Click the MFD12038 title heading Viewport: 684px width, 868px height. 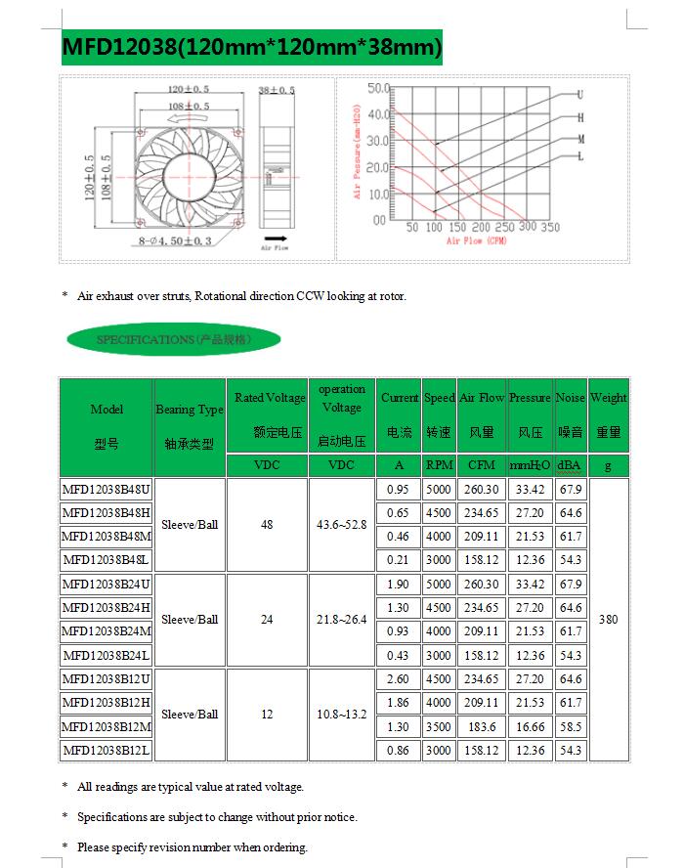(252, 46)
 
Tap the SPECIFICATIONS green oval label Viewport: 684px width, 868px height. (174, 340)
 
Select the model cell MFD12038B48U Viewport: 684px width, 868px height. (107, 489)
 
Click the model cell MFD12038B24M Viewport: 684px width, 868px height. (107, 631)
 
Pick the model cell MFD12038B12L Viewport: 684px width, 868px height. (107, 751)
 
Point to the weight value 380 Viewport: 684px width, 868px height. (608, 620)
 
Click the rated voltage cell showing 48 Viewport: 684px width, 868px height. (267, 525)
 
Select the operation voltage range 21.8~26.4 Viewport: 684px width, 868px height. (342, 620)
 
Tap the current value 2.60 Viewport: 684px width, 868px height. (398, 679)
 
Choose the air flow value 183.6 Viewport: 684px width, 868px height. (482, 726)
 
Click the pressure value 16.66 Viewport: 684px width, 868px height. (530, 726)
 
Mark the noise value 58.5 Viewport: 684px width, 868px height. (571, 726)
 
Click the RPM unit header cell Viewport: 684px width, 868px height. (439, 465)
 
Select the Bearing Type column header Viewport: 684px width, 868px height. (190, 410)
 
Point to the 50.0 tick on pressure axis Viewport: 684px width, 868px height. (378, 89)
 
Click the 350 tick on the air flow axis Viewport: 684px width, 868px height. (550, 228)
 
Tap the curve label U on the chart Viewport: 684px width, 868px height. (580, 95)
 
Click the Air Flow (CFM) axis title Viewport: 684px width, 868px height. (476, 240)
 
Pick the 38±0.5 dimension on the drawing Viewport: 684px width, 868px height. (277, 90)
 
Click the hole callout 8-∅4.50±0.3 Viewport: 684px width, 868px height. (190, 240)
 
